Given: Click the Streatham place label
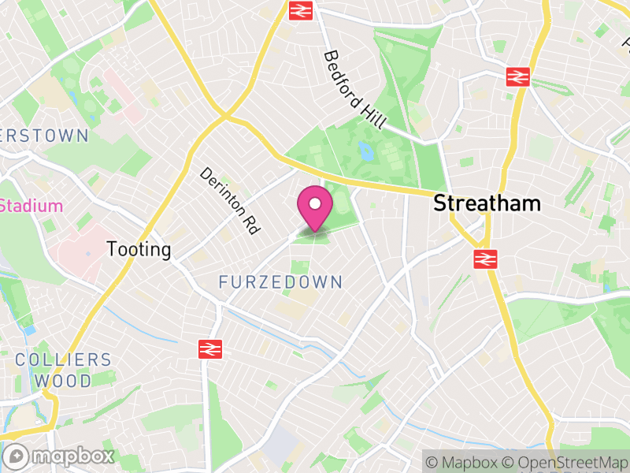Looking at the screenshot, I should point(487,203).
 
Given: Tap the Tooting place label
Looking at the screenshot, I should point(139,250).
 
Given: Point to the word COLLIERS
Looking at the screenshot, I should point(63,360).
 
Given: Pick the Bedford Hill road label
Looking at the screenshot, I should point(354,90).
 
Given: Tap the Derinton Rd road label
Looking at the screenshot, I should point(229,200).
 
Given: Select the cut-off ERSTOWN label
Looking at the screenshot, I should point(44,136).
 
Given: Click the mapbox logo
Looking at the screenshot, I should point(60,456).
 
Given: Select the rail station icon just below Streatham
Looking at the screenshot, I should point(485,259).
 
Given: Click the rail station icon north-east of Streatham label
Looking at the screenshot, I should point(517,76).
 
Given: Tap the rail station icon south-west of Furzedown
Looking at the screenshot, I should point(210,348).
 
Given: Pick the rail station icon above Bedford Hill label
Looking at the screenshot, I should point(299,9).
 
